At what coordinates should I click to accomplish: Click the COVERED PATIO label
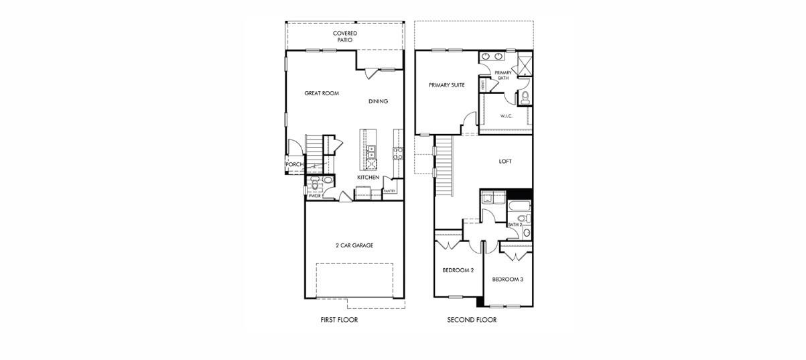[x=345, y=36]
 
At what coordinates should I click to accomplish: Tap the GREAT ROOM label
[x=322, y=93]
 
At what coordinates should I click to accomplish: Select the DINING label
[x=378, y=101]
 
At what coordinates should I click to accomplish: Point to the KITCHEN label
[x=368, y=177]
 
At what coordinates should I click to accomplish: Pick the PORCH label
[x=295, y=164]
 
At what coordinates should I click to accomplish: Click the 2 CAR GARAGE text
[x=354, y=245]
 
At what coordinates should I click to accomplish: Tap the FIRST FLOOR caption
[x=340, y=320]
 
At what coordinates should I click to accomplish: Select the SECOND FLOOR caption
[x=472, y=320]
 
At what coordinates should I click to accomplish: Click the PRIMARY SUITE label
[x=447, y=85]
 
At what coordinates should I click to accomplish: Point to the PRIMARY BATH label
[x=502, y=75]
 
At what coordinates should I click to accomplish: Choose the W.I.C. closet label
[x=507, y=116]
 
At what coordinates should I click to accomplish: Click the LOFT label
[x=506, y=161]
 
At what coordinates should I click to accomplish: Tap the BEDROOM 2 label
[x=458, y=270]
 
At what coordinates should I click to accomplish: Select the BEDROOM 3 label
[x=508, y=279]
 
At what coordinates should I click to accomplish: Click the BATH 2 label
[x=515, y=225]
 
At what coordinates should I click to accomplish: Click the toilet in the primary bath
[x=525, y=98]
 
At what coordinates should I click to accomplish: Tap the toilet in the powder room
[x=328, y=181]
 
